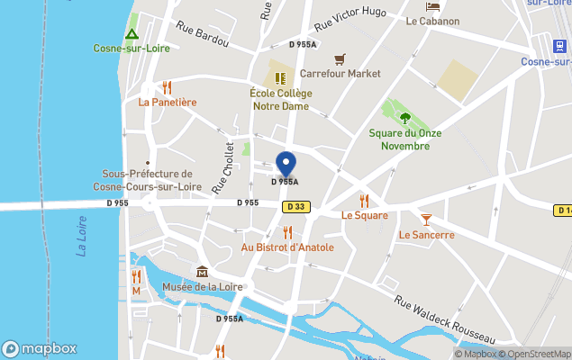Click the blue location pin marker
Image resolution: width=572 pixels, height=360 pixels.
(x=286, y=164)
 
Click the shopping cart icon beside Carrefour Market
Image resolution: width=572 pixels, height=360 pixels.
(x=339, y=59)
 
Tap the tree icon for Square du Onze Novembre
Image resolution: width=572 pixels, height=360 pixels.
(x=404, y=116)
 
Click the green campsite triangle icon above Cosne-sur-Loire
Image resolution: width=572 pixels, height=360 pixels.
(x=132, y=34)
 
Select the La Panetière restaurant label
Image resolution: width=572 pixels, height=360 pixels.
(x=167, y=102)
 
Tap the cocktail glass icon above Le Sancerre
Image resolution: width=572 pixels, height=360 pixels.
(x=426, y=219)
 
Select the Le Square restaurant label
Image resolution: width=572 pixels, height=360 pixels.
(x=364, y=215)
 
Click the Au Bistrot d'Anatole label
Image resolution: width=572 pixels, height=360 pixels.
(x=287, y=247)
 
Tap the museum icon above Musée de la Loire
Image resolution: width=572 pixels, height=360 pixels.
(x=202, y=272)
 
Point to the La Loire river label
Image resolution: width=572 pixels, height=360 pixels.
(x=81, y=237)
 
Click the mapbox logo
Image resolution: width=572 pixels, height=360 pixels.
(x=40, y=348)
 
